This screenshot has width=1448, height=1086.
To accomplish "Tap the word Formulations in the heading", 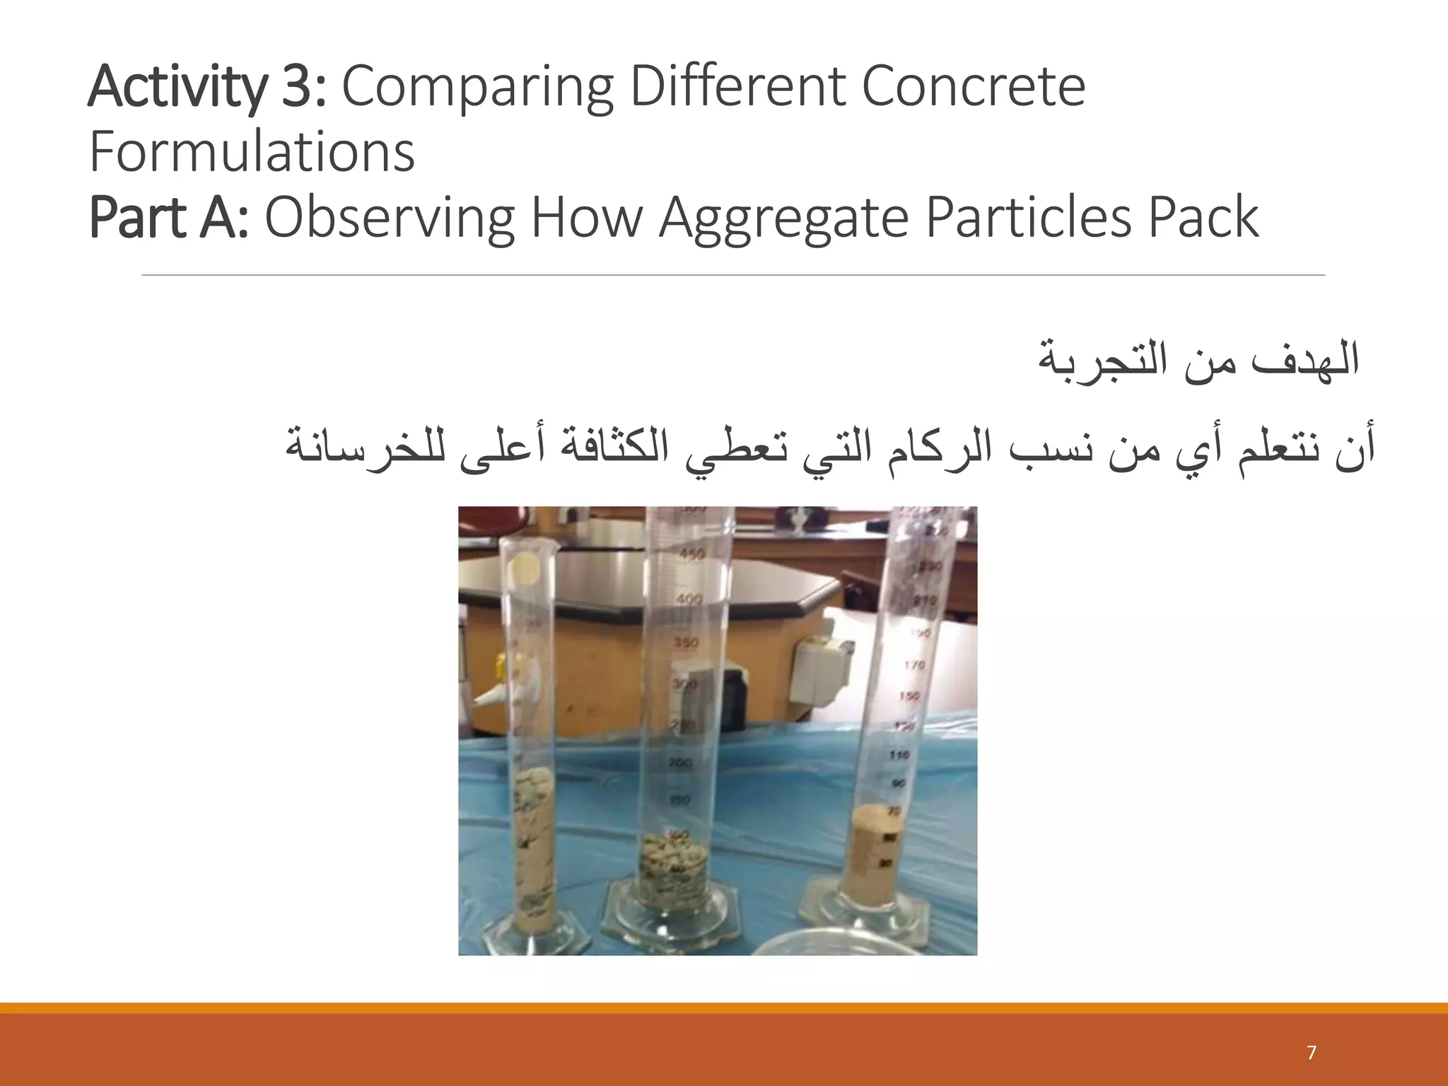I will (252, 153).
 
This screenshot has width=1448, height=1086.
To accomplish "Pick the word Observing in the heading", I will (389, 219).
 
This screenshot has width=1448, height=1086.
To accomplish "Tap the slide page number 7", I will (1312, 1053).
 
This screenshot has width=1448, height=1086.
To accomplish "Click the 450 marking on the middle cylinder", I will (691, 554).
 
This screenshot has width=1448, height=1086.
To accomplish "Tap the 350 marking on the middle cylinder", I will (685, 643).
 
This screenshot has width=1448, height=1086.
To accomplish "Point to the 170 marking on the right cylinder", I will (914, 665).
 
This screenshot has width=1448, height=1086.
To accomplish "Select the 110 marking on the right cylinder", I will (899, 755).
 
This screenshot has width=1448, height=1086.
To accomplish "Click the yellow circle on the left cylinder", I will (526, 565).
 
